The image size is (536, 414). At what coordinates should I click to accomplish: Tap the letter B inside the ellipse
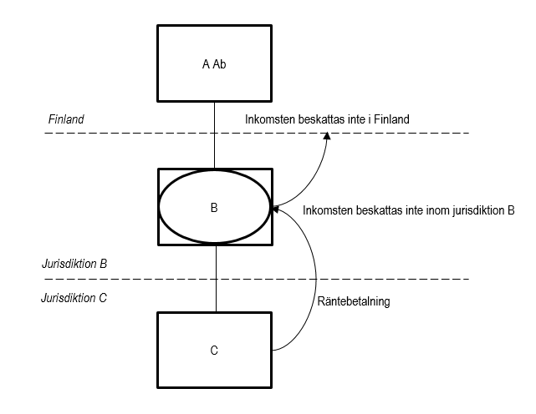214,209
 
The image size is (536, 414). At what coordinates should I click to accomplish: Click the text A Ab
214,63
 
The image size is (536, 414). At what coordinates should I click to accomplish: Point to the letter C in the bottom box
214,351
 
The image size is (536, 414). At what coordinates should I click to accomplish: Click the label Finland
67,119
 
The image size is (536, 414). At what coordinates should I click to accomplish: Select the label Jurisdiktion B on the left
74,264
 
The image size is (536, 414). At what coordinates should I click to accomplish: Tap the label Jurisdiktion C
74,296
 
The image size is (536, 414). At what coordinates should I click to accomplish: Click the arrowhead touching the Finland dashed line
327,138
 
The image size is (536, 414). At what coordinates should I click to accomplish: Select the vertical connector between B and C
215,278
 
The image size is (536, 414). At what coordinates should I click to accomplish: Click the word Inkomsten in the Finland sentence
268,119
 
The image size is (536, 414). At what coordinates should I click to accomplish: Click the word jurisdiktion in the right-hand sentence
476,210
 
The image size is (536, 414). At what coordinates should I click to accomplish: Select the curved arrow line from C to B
316,284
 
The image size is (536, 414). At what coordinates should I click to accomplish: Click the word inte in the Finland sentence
352,119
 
